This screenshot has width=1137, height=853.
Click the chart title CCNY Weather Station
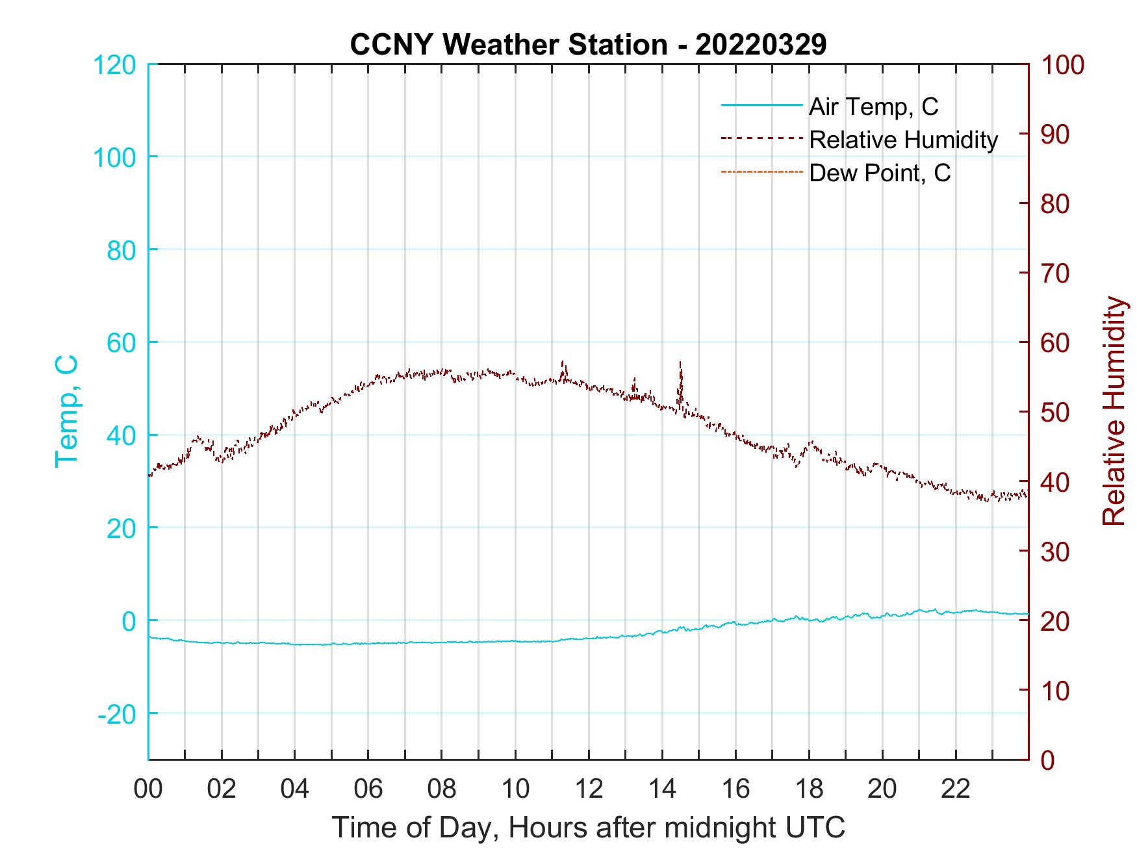pos(588,45)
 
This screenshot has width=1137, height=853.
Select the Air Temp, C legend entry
pos(873,107)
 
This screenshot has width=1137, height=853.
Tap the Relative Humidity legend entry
pos(903,140)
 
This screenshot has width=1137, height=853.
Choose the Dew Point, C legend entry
pos(880,173)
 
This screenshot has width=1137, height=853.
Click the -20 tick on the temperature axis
pos(117,714)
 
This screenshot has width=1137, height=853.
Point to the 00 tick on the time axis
pos(149,789)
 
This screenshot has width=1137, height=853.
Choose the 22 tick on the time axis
pos(956,789)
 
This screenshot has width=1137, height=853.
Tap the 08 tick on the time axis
pos(442,789)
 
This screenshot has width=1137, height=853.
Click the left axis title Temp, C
pos(66,411)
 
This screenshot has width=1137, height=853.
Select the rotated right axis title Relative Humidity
pos(1114,411)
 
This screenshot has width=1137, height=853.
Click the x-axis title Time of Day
pos(588,828)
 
